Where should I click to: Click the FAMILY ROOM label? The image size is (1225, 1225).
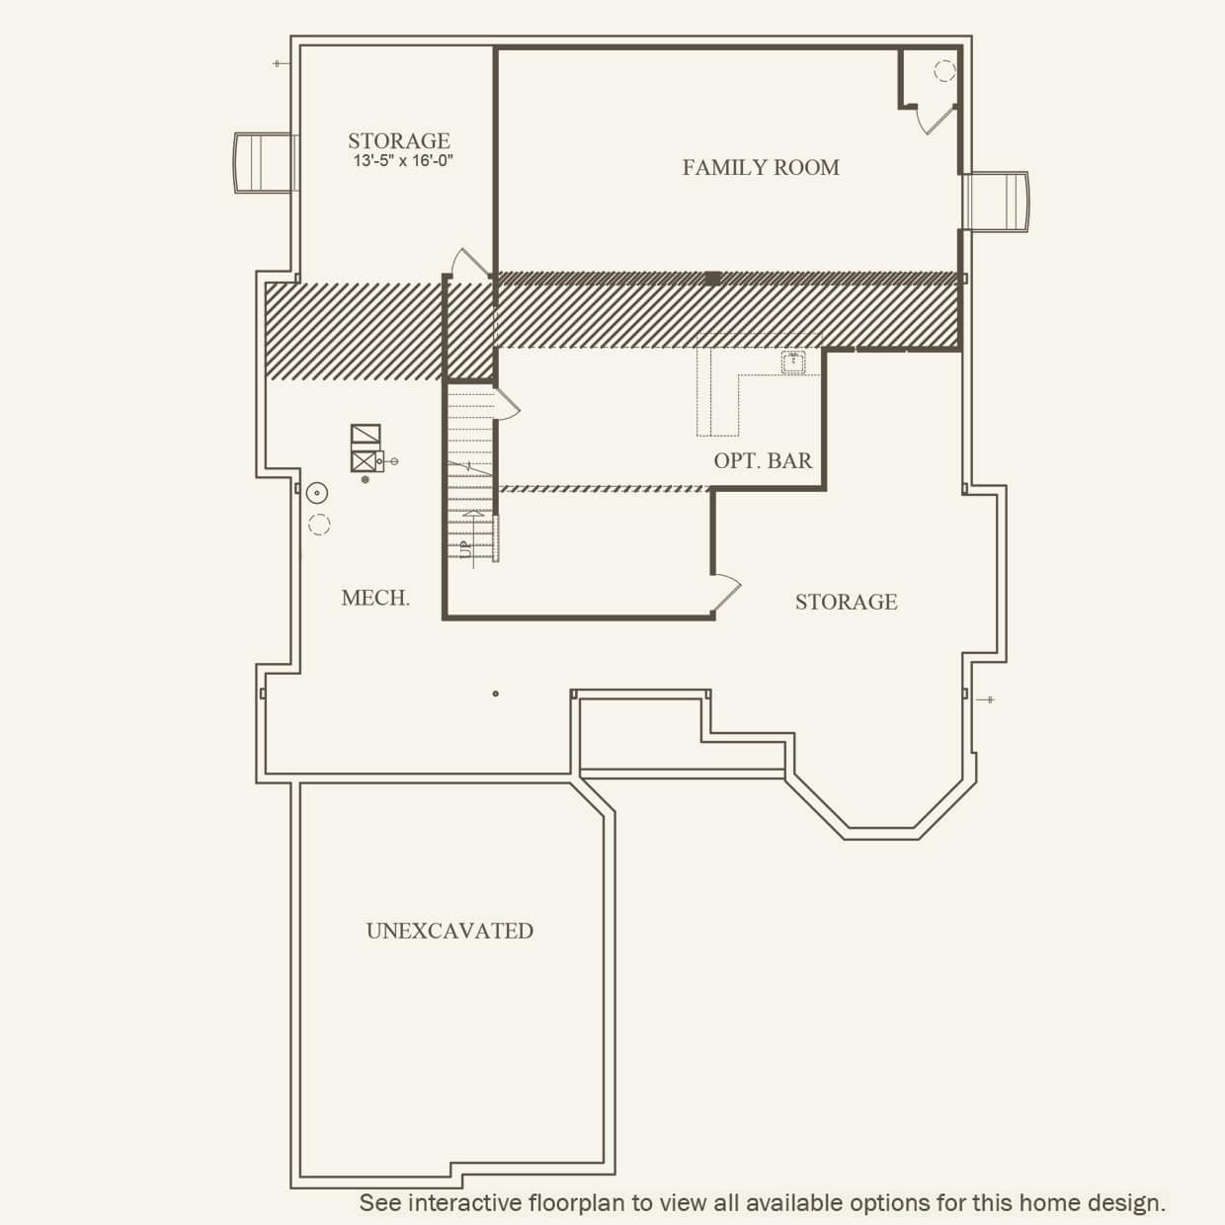[x=761, y=168]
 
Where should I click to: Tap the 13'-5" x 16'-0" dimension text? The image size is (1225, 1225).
[x=403, y=161]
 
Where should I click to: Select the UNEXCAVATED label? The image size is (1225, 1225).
[x=449, y=931]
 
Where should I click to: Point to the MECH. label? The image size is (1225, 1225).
[x=375, y=598]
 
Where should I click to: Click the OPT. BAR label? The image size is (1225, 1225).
[x=763, y=460]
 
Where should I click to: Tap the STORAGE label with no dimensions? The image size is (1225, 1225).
[x=846, y=602]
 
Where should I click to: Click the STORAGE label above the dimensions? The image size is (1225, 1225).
[x=398, y=141]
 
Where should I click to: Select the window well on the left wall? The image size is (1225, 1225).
[x=264, y=163]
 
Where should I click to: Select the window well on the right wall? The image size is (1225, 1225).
[x=997, y=202]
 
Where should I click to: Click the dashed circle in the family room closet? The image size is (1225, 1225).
[x=944, y=70]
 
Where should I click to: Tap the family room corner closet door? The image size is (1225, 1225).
[x=935, y=119]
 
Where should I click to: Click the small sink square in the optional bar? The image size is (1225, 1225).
[x=792, y=363]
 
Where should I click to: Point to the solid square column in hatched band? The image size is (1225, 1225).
[x=712, y=279]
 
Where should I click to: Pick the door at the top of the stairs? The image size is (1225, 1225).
[x=470, y=263]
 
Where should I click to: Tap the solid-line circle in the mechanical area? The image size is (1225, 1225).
[x=316, y=492]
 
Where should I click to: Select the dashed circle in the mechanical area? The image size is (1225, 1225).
[x=319, y=525]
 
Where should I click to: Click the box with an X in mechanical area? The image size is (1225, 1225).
[x=364, y=460]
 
